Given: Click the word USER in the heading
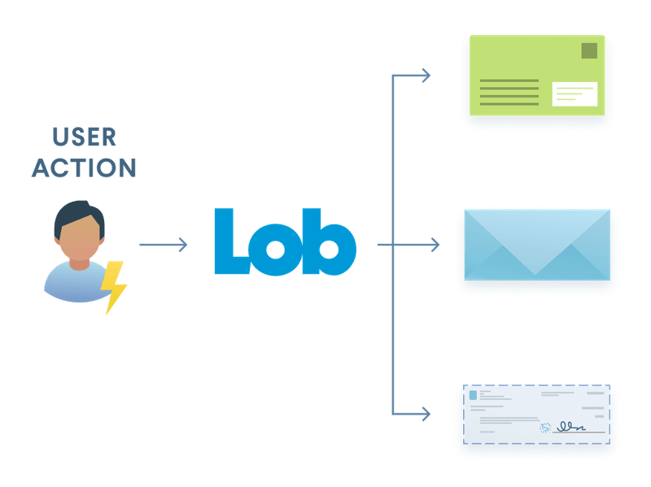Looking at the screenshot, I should [85, 137].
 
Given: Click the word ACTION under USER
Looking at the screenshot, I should [85, 167].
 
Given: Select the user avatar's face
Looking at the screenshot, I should [79, 241].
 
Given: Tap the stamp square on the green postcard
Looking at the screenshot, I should [588, 51].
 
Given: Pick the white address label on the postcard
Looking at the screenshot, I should [575, 93].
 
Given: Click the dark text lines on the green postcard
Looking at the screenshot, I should [509, 92].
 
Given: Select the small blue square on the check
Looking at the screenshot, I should [472, 394].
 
